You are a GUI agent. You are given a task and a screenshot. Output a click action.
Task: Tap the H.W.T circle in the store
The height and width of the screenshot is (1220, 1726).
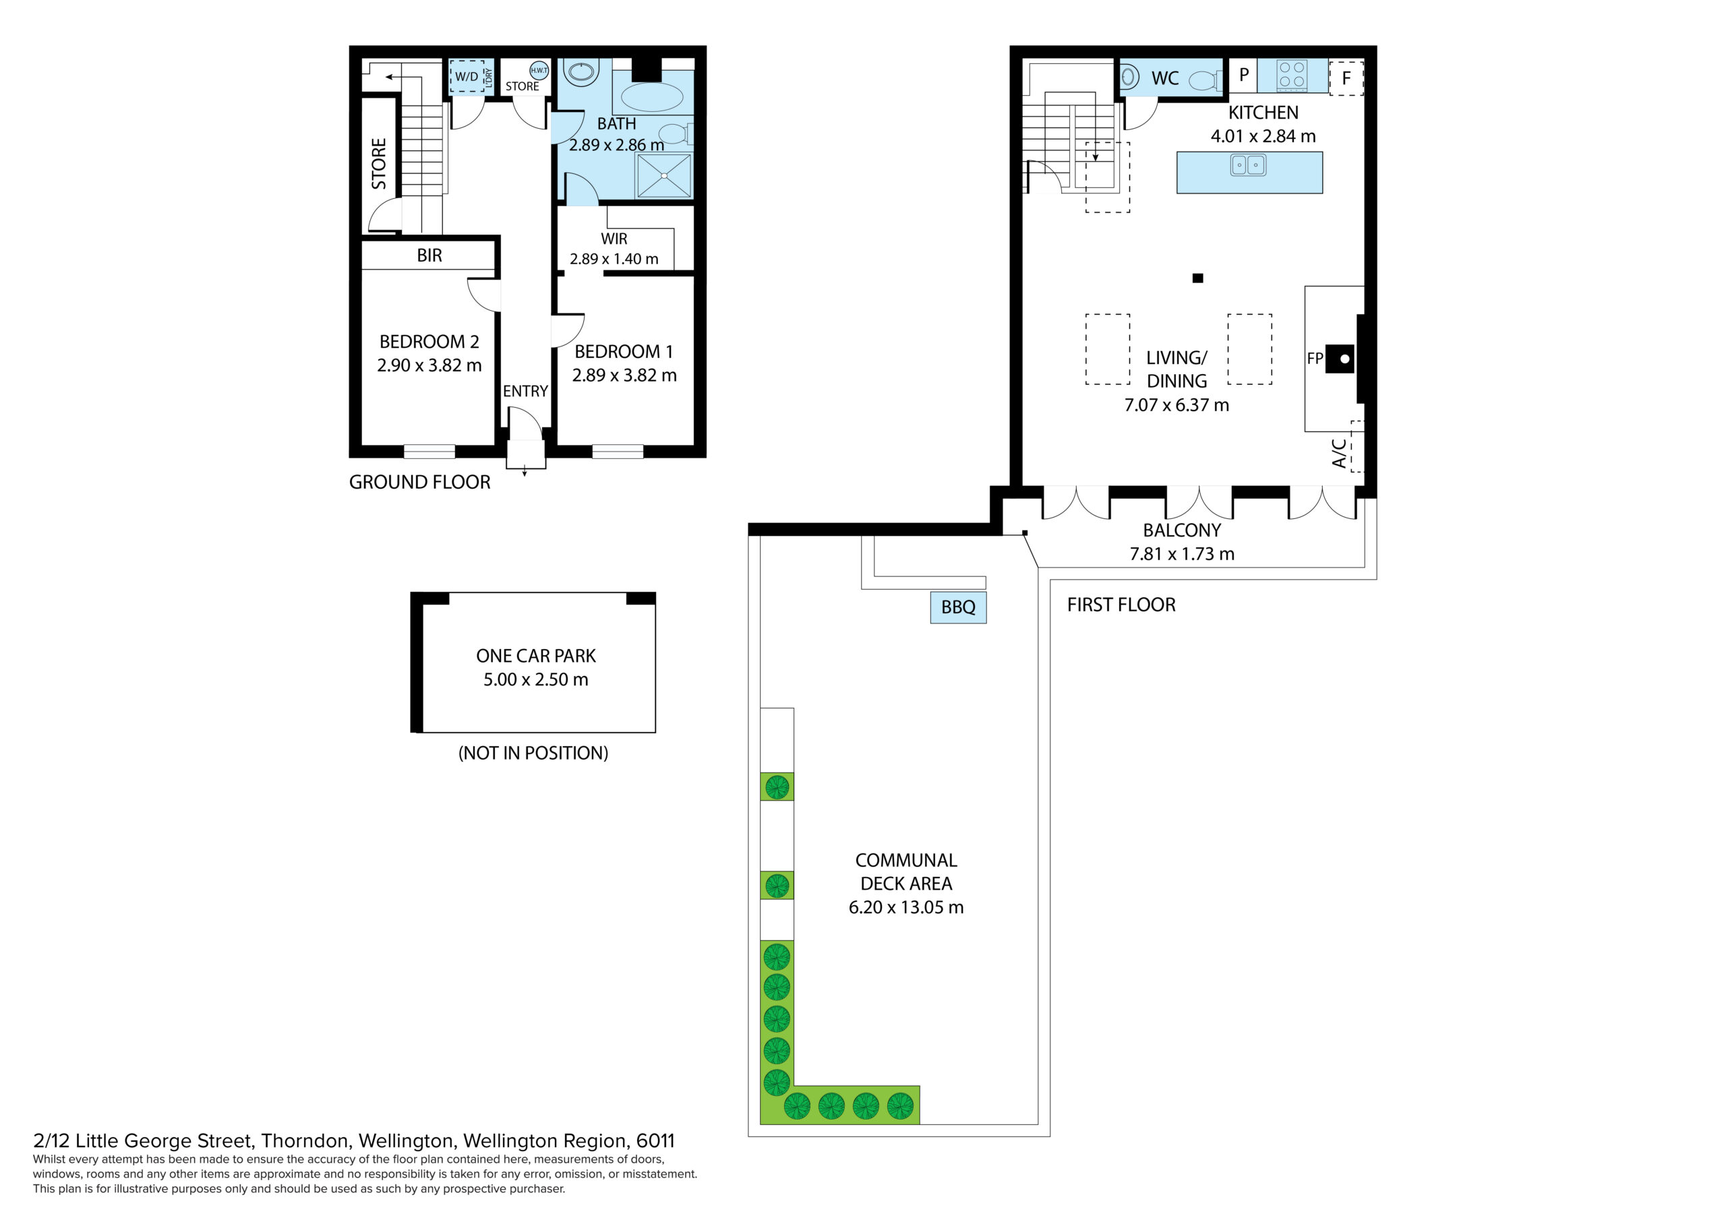pyautogui.click(x=539, y=71)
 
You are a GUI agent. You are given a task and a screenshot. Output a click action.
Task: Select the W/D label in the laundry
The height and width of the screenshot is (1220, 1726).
pyautogui.click(x=466, y=77)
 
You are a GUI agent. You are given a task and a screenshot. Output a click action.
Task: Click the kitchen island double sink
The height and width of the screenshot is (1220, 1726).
pyautogui.click(x=1248, y=164)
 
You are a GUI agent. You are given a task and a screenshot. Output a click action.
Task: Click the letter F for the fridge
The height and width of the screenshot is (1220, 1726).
pyautogui.click(x=1346, y=78)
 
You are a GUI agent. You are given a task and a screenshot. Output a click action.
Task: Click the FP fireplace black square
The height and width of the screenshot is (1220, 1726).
pyautogui.click(x=1340, y=359)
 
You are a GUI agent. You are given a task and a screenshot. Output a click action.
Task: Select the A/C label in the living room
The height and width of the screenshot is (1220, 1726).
pyautogui.click(x=1339, y=453)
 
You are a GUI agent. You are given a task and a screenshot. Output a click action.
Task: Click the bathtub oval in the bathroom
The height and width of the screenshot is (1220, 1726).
pyautogui.click(x=652, y=97)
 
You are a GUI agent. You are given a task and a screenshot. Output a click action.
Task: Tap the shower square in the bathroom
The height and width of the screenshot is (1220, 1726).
pyautogui.click(x=664, y=176)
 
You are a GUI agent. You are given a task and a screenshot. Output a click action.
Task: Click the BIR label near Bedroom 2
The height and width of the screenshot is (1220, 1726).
pyautogui.click(x=429, y=255)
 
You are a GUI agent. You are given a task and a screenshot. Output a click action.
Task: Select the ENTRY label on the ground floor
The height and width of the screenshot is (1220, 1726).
pyautogui.click(x=525, y=392)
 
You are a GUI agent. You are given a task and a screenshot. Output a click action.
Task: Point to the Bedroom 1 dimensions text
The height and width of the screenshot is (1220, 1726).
pyautogui.click(x=624, y=375)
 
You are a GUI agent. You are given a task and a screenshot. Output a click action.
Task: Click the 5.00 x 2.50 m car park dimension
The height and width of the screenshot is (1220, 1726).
pyautogui.click(x=535, y=679)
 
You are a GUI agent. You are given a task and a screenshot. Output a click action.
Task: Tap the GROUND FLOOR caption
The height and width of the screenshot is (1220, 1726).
pyautogui.click(x=419, y=482)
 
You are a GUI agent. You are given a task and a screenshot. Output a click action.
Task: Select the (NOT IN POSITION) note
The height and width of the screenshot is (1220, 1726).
pyautogui.click(x=533, y=753)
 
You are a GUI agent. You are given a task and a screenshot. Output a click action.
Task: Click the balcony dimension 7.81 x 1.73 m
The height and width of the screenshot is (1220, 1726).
pyautogui.click(x=1182, y=554)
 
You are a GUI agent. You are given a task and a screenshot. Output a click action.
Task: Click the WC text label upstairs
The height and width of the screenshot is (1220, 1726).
pyautogui.click(x=1164, y=78)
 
